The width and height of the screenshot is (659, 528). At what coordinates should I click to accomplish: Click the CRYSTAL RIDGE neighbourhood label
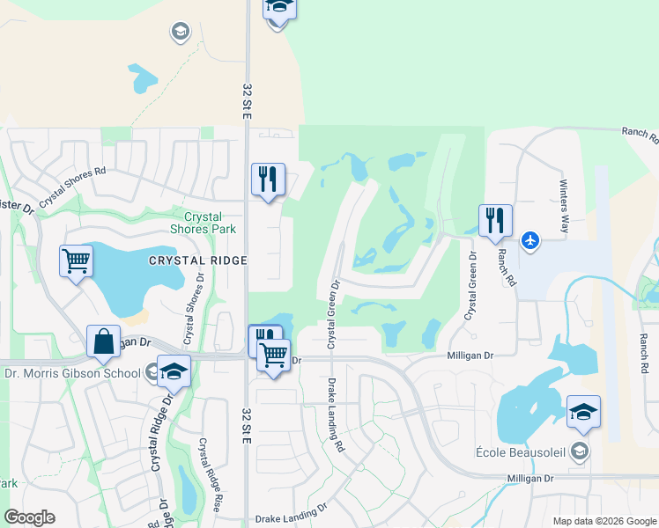point(197,260)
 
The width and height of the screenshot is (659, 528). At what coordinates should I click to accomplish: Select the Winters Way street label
point(565,209)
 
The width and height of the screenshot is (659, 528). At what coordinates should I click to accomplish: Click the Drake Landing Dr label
point(291,520)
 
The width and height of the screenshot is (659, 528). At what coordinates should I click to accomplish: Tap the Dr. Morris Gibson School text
point(72,373)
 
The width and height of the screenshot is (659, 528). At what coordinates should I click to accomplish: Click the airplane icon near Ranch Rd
point(529,239)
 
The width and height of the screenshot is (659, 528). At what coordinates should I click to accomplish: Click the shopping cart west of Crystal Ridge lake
point(76,260)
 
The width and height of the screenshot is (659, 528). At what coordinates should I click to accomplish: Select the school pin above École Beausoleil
point(582,411)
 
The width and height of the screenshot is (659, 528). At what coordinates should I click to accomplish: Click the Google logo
point(29,517)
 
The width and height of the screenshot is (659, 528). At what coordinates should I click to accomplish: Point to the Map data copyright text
point(603,521)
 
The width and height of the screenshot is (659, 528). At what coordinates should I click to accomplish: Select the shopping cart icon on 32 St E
point(274,355)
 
